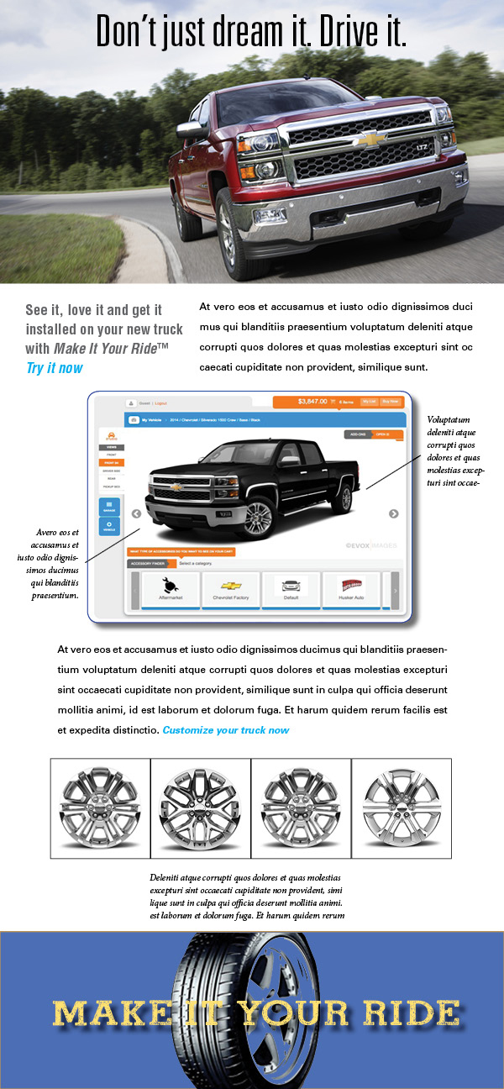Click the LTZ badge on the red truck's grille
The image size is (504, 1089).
(423, 147)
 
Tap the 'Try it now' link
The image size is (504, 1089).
(55, 367)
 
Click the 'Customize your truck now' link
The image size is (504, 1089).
(226, 729)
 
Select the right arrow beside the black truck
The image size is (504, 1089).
(393, 514)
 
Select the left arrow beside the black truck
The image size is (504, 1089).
(136, 514)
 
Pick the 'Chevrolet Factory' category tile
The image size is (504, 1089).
(230, 590)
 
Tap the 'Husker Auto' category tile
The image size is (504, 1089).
(350, 590)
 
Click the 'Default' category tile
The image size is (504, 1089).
(291, 590)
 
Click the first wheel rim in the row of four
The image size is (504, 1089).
(100, 808)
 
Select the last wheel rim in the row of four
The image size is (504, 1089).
(402, 808)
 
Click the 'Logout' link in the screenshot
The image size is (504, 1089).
(160, 403)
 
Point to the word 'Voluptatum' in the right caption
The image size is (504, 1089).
(449, 419)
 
